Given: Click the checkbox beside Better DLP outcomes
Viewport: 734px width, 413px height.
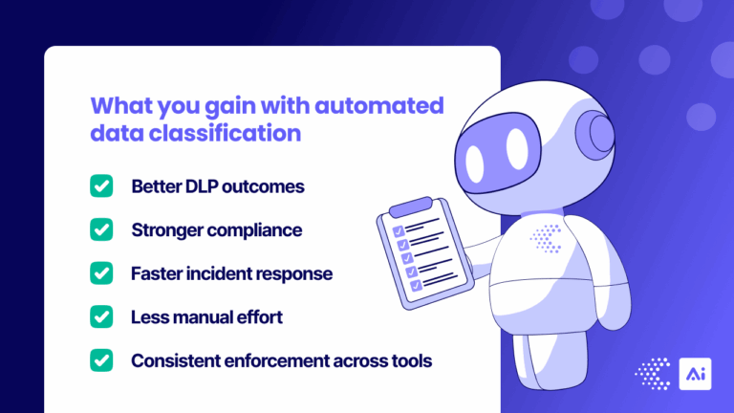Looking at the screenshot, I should pos(101,185).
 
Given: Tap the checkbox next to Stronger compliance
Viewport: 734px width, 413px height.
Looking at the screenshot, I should pos(101,229).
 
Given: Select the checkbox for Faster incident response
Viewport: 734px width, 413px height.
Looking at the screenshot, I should pos(101,273).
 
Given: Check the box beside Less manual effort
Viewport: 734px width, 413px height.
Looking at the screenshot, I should pos(101,316).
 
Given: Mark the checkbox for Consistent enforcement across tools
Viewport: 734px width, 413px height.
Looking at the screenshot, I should pos(101,360).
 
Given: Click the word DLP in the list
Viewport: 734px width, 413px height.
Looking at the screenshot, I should pos(198,186).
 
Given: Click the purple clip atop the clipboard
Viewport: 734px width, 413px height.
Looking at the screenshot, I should pos(409,206).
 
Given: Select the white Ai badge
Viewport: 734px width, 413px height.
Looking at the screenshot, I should pos(695,375).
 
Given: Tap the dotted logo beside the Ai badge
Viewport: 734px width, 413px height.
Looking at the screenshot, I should pos(654,375).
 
